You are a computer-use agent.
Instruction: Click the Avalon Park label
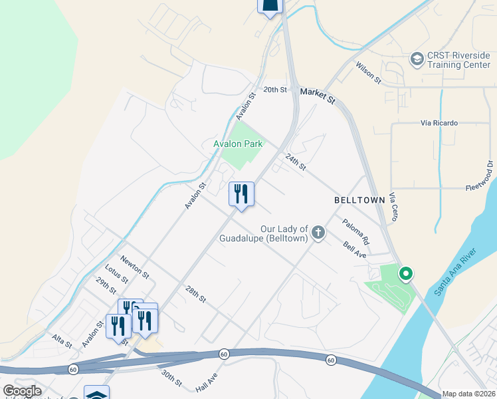coord(238,144)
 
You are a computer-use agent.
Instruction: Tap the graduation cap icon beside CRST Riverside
coord(417,59)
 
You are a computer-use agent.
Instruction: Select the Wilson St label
coord(368,72)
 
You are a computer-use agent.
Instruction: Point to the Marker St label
coord(318,95)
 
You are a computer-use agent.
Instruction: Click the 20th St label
coord(274,89)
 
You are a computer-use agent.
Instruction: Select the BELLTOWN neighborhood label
coord(359,199)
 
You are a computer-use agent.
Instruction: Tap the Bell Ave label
coord(355,250)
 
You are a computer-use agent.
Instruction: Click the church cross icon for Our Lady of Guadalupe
coord(319,233)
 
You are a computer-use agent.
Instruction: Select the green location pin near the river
coord(405,273)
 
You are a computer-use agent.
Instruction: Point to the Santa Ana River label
coord(455,273)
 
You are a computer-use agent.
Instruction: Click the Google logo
coord(22,391)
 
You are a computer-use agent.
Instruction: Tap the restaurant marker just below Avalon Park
coord(241,194)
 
